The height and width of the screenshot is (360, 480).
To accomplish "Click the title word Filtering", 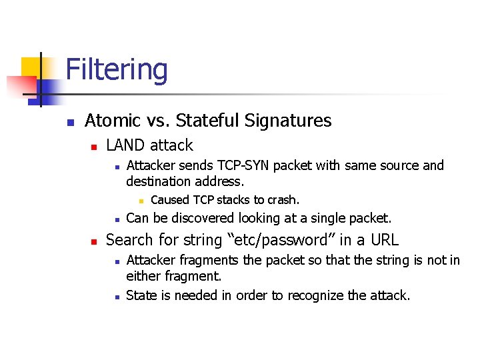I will (x=117, y=70).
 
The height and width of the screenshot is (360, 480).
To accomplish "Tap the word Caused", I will (x=170, y=200).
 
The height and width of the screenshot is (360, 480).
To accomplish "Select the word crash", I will (x=283, y=200).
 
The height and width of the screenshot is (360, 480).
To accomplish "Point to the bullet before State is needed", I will (x=116, y=296).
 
